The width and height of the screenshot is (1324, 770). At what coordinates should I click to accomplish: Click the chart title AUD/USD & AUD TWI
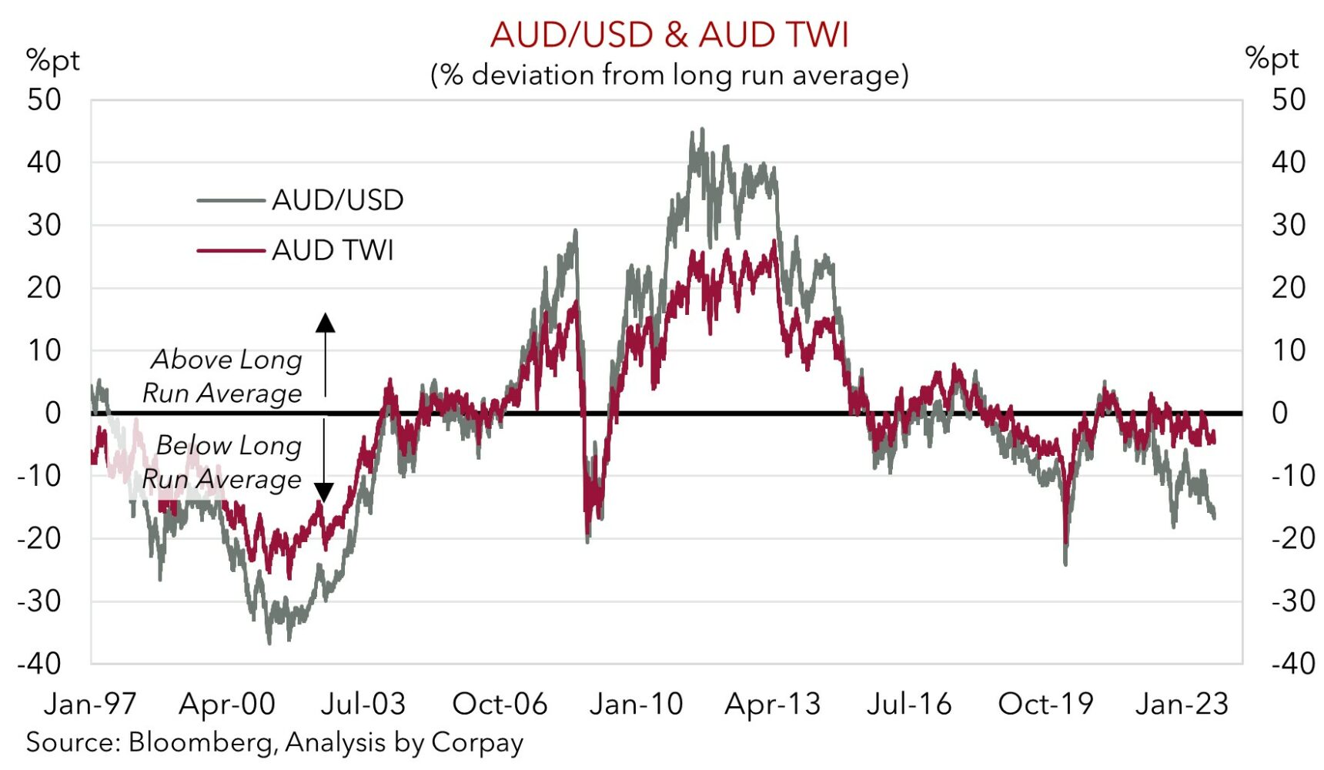click(669, 35)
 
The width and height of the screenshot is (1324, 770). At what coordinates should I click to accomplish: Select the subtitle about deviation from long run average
click(669, 75)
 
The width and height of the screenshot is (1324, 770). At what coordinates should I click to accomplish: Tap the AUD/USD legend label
click(337, 200)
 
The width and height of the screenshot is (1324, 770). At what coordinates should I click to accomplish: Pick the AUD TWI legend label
click(333, 250)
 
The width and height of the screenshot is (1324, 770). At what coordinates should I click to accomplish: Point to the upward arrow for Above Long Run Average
click(326, 323)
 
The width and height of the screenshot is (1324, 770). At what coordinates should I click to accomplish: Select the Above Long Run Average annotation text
click(223, 376)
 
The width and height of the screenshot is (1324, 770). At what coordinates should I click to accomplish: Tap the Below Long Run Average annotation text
click(223, 462)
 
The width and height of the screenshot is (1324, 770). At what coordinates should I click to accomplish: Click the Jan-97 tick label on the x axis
click(90, 704)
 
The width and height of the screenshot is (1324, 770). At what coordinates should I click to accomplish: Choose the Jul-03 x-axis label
click(363, 704)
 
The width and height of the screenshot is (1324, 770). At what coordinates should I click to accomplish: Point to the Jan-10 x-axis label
click(636, 704)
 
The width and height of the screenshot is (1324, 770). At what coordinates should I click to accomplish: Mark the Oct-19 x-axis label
click(1045, 704)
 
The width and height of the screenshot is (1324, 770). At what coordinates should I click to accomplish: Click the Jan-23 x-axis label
click(1182, 704)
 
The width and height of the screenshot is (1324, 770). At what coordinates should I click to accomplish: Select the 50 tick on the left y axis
click(44, 100)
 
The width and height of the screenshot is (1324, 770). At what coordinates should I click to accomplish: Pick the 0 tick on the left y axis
click(52, 413)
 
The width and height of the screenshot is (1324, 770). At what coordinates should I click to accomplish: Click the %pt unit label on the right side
click(1272, 59)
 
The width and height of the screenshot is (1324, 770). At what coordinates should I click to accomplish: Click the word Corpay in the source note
click(477, 743)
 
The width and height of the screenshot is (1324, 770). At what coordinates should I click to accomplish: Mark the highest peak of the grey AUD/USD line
click(701, 130)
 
